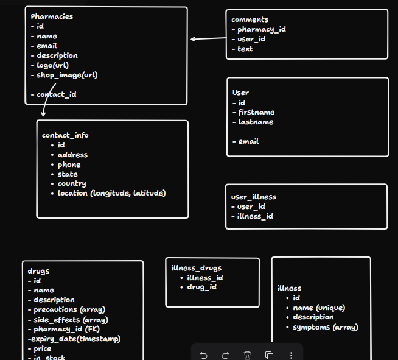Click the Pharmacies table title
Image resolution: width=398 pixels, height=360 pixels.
(x=52, y=16)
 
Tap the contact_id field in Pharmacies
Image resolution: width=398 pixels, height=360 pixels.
(x=56, y=94)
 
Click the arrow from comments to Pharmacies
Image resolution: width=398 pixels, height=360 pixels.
(x=208, y=39)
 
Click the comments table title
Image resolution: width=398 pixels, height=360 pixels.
(x=250, y=19)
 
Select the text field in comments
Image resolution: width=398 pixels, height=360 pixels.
(x=245, y=49)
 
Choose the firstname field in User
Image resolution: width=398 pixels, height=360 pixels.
(x=256, y=112)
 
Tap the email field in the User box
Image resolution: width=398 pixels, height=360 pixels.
(x=248, y=141)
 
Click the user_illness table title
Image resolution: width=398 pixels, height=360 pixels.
(x=254, y=197)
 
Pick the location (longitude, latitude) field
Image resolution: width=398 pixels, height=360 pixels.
(x=111, y=193)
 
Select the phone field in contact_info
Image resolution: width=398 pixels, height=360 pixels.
(x=69, y=164)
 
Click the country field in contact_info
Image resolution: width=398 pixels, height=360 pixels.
(x=72, y=183)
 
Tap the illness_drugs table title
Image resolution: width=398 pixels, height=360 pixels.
(x=197, y=268)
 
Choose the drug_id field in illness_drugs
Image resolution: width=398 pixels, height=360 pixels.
(x=201, y=287)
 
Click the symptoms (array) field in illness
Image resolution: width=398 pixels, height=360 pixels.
(x=326, y=327)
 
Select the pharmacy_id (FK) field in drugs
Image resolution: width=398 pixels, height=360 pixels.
(x=63, y=329)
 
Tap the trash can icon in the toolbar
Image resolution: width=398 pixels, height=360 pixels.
(x=247, y=355)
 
